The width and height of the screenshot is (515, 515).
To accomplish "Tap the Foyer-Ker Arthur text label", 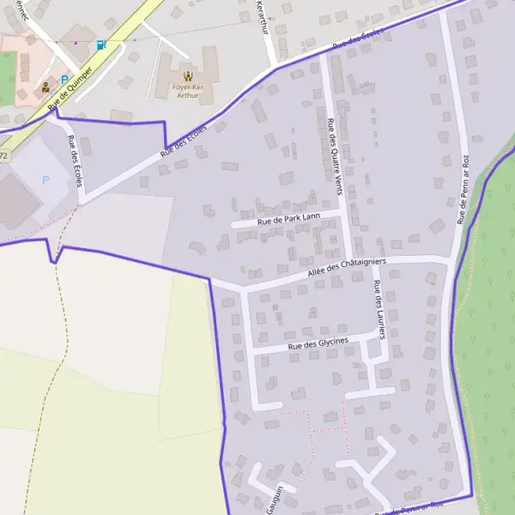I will [187, 90].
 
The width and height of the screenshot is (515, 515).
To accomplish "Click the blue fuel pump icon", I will [101, 45].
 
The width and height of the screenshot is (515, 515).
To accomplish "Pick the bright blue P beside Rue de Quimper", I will [64, 80].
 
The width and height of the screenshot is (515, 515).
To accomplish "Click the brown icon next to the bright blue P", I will [45, 87].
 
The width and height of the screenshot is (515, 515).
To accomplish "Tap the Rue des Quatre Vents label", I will [333, 149].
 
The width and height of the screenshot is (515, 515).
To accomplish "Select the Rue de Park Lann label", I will [287, 219].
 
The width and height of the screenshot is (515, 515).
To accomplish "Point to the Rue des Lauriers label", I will [377, 306].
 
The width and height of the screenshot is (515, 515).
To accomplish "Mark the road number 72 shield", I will [3, 155].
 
